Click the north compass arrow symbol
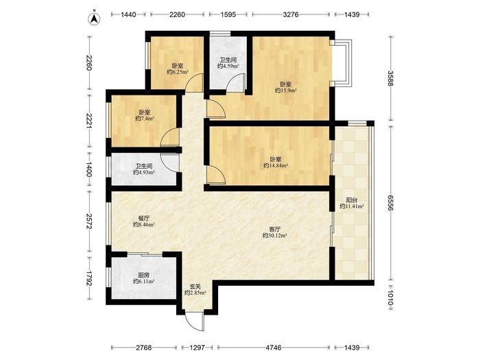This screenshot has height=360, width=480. (95, 19)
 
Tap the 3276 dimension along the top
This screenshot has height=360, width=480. (291, 14)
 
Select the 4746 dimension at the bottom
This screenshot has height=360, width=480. (274, 348)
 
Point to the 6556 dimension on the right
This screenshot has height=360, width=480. (390, 203)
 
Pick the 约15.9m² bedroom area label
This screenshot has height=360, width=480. (286, 91)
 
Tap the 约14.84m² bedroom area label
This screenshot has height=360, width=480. (276, 166)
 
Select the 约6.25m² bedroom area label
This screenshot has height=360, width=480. (178, 72)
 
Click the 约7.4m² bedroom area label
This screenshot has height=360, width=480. (145, 119)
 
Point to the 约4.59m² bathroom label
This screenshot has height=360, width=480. (228, 66)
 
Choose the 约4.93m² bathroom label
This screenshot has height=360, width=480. (144, 173)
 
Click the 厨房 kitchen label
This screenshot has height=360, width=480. (144, 275)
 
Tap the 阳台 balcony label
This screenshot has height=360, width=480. (351, 200)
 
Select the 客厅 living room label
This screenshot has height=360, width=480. (274, 229)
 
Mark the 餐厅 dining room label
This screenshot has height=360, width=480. (144, 218)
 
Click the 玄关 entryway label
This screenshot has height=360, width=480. (195, 287)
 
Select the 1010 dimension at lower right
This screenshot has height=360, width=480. (390, 298)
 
